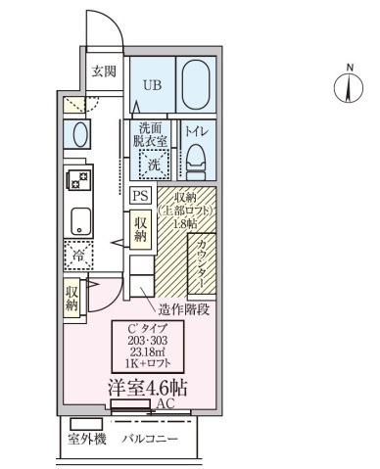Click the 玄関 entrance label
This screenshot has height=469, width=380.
click(x=104, y=70)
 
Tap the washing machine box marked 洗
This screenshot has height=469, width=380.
click(x=153, y=164)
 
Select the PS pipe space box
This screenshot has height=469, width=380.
click(x=139, y=195)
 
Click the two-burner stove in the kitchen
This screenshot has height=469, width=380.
click(x=77, y=180)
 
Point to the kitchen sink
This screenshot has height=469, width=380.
click(x=77, y=221)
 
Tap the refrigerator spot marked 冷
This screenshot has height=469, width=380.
click(x=77, y=257)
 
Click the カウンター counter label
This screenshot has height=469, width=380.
click(x=201, y=261)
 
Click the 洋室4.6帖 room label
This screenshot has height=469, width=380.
click(x=147, y=387)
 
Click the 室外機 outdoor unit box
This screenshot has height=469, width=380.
click(x=86, y=438)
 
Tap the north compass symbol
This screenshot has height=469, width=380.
click(x=343, y=87)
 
